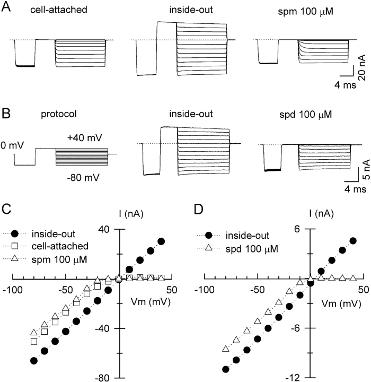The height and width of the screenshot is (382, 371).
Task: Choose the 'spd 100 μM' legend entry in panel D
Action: pos(255,247)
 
